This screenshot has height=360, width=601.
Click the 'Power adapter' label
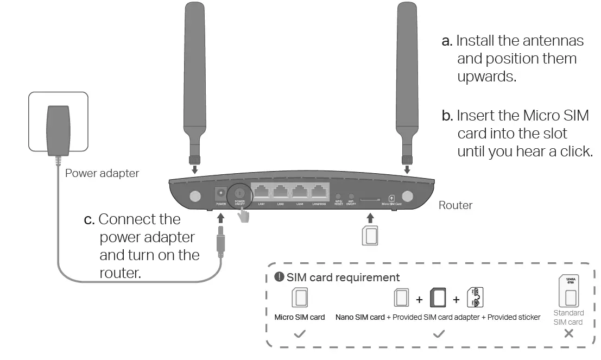coord(102,173)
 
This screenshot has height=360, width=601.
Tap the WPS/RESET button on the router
coord(338,197)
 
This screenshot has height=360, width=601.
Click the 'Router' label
coord(455,205)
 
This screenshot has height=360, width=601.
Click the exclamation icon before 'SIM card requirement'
coord(280,277)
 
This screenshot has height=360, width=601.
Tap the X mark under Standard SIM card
coord(568,333)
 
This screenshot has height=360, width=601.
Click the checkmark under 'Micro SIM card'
coord(299,334)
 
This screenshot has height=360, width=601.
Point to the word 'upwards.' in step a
coord(486,76)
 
